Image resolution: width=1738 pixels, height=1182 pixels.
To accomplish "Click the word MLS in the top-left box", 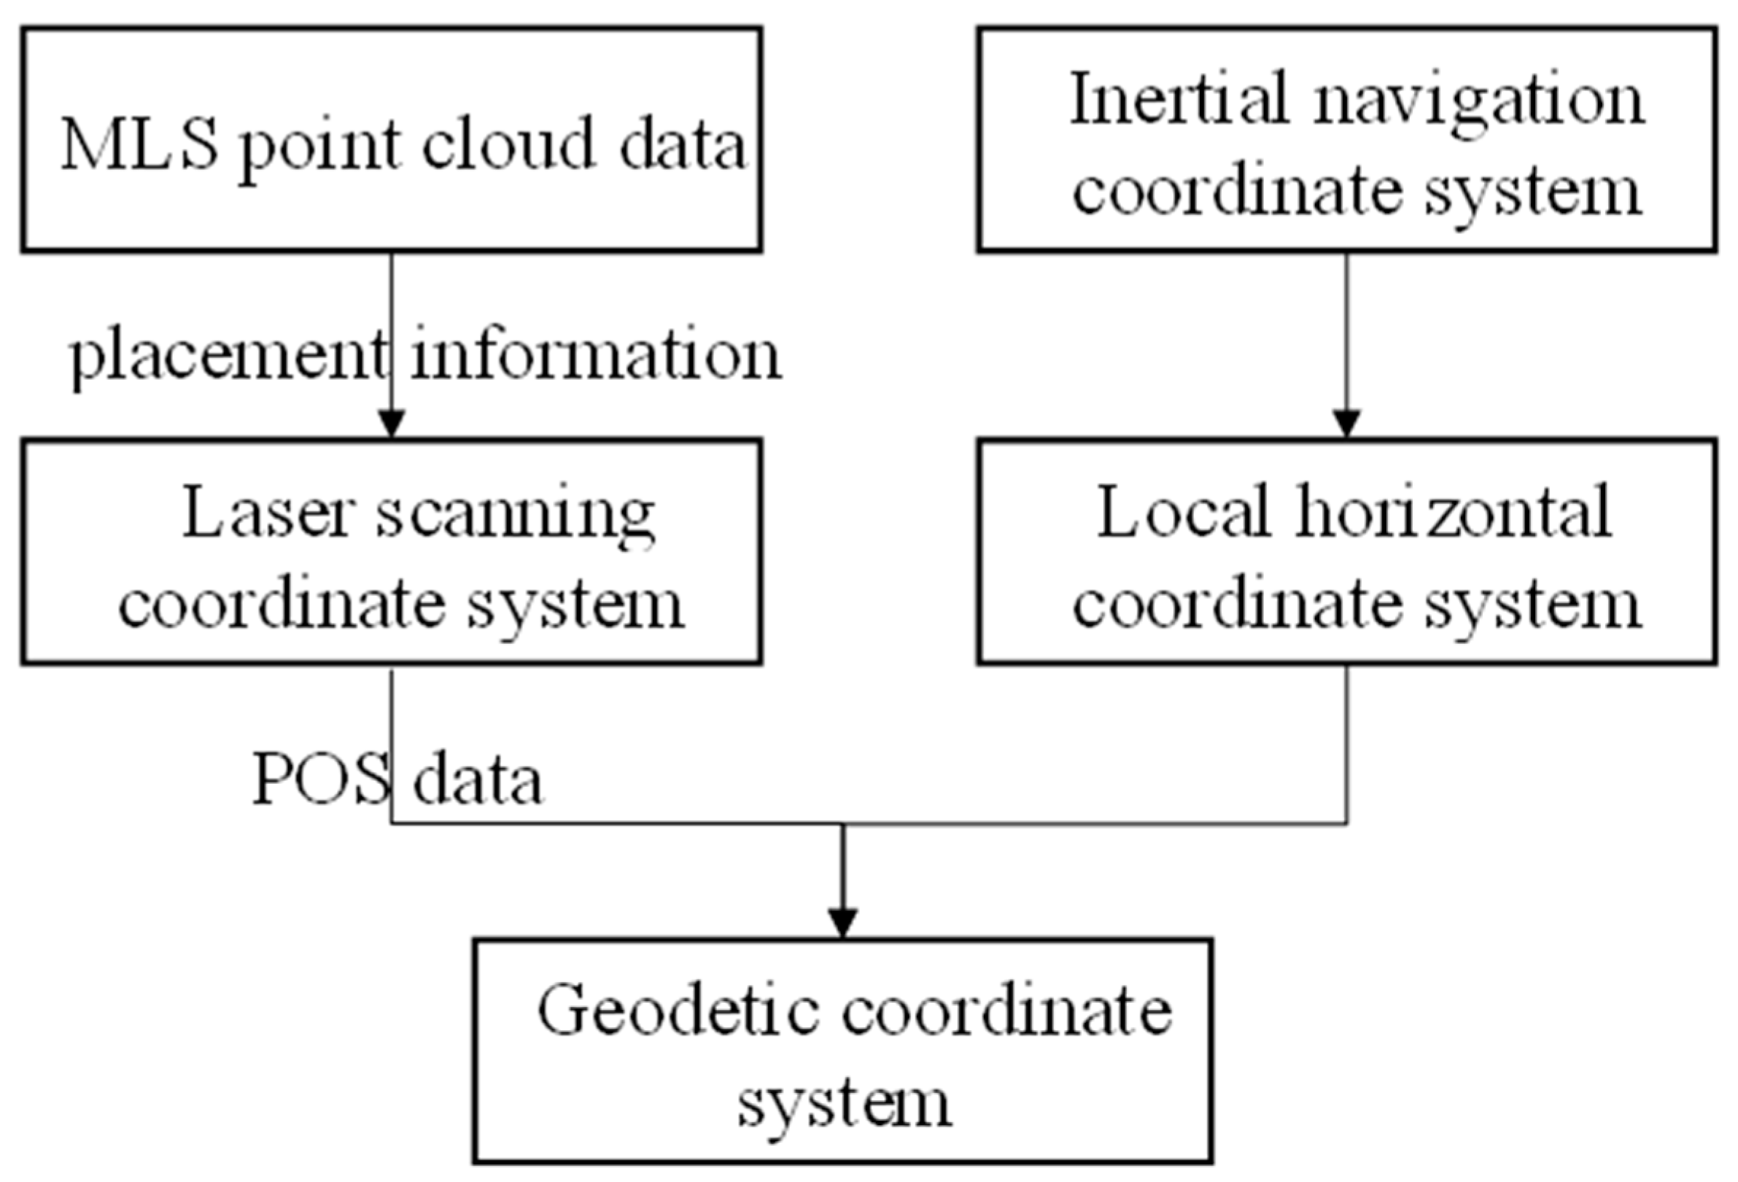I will point(139,144).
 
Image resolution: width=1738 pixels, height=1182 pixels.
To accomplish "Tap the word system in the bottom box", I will point(845,1105).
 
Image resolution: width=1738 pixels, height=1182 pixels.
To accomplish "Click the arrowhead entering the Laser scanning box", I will point(391,424).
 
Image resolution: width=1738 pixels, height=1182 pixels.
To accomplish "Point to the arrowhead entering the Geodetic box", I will point(843,922).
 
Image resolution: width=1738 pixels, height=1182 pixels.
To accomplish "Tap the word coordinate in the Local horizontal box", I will point(1237,604).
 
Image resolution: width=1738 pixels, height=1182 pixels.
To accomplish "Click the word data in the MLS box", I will point(682,144).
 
